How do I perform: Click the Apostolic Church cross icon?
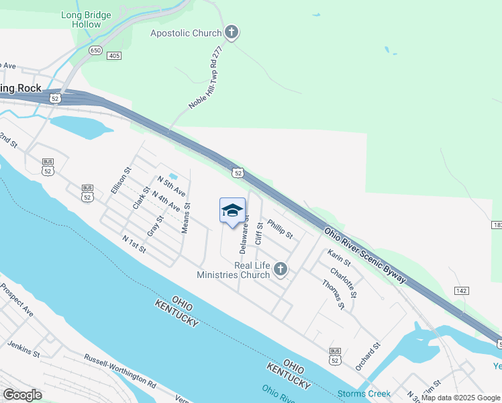pyautogui.click(x=232, y=32)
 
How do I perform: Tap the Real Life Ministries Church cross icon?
pyautogui.click(x=281, y=270)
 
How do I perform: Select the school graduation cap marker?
pyautogui.click(x=232, y=211)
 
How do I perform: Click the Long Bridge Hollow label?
pyautogui.click(x=81, y=19)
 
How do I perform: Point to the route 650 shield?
pyautogui.click(x=95, y=50)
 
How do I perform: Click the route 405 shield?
pyautogui.click(x=113, y=55)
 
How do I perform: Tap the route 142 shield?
pyautogui.click(x=460, y=290)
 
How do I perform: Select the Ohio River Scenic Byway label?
pyautogui.click(x=366, y=255)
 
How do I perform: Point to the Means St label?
pyautogui.click(x=186, y=219)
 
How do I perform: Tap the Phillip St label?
pyautogui.click(x=280, y=229)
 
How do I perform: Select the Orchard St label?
pyautogui.click(x=368, y=357)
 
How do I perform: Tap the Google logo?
pyautogui.click(x=22, y=395)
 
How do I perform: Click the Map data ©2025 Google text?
pyautogui.click(x=460, y=398)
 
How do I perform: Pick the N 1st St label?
pyautogui.click(x=134, y=244)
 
